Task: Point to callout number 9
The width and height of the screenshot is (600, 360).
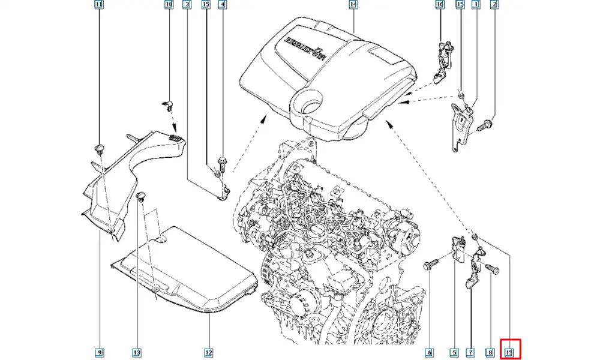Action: pos(99,352)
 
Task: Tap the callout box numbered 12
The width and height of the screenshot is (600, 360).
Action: pos(208,352)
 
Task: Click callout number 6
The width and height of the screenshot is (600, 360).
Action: pos(430,352)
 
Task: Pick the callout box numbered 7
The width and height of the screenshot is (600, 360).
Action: pos(471,352)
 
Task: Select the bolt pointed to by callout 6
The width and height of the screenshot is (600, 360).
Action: pos(430,264)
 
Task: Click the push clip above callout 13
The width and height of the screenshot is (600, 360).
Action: pos(142,196)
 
